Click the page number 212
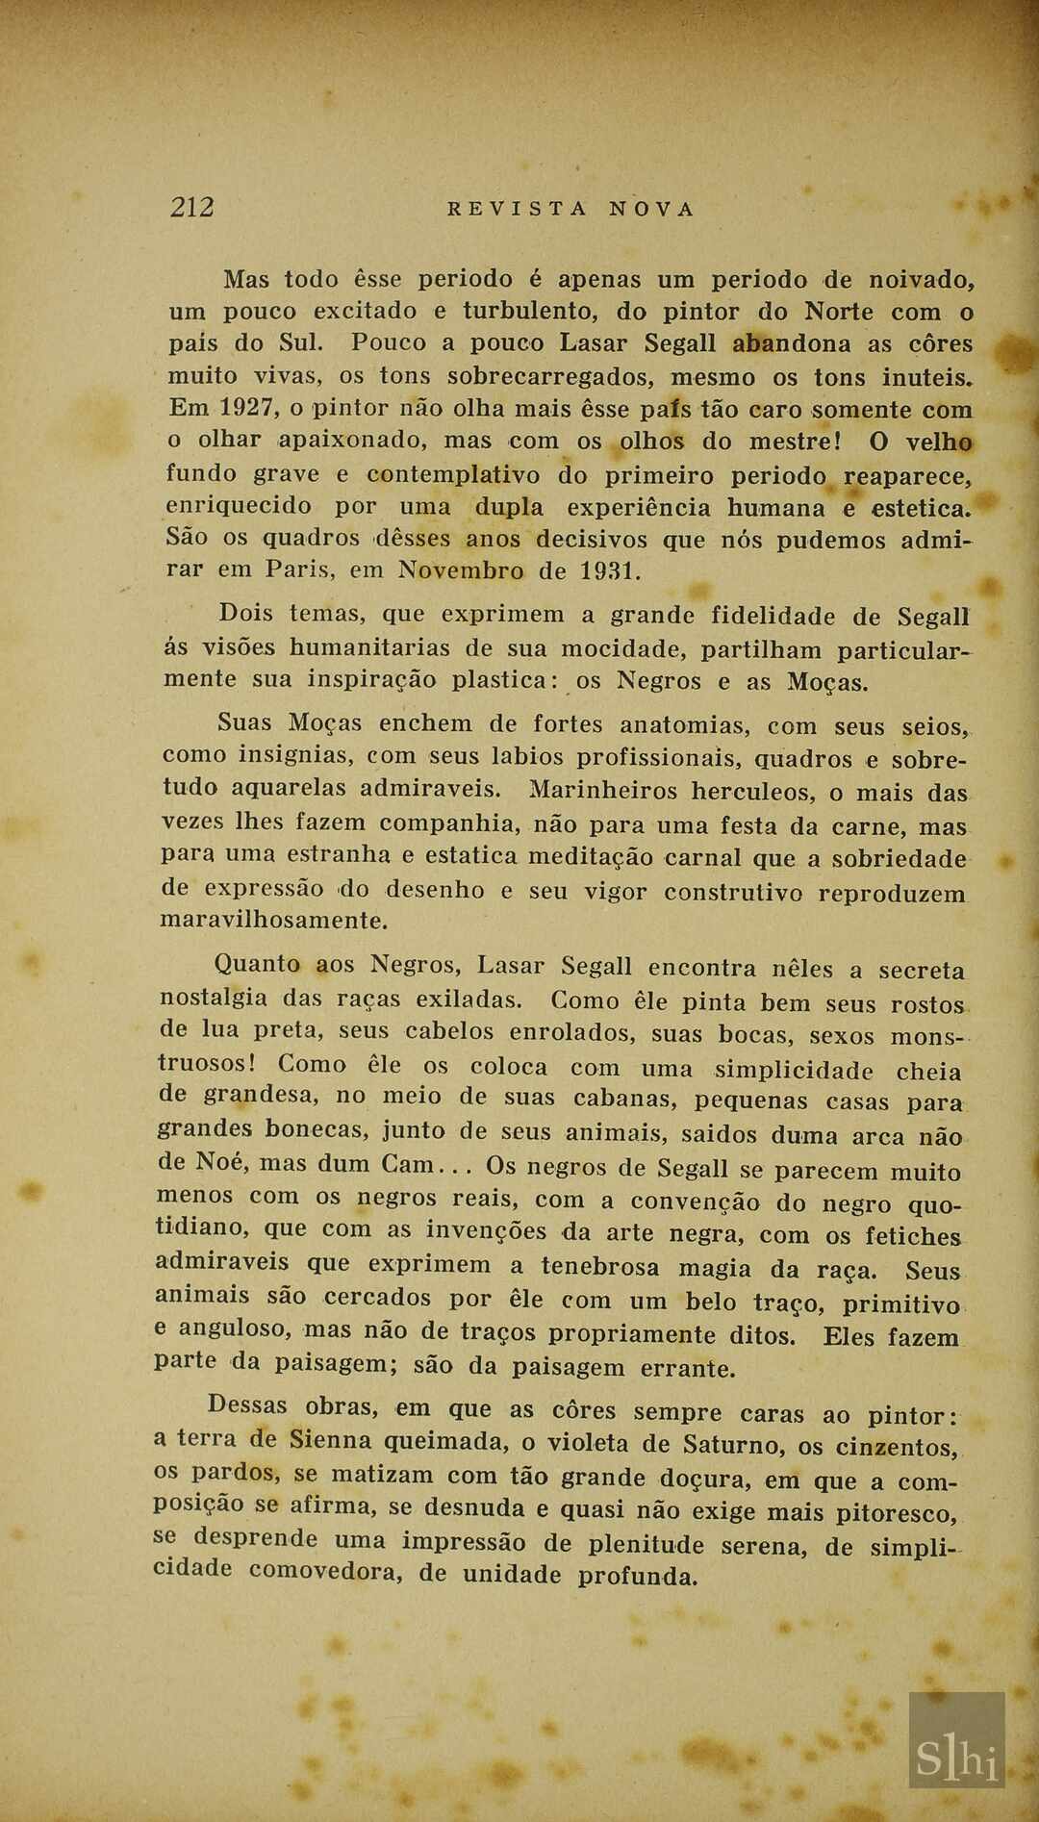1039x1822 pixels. tap(192, 207)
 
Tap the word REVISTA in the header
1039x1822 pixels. tap(518, 209)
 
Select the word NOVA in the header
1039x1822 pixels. tap(651, 209)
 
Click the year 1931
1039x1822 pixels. tap(609, 570)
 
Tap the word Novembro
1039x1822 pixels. tap(460, 570)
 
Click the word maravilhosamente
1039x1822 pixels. tap(274, 921)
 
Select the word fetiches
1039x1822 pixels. tap(912, 1236)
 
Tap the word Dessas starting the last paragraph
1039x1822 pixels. tap(247, 1405)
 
